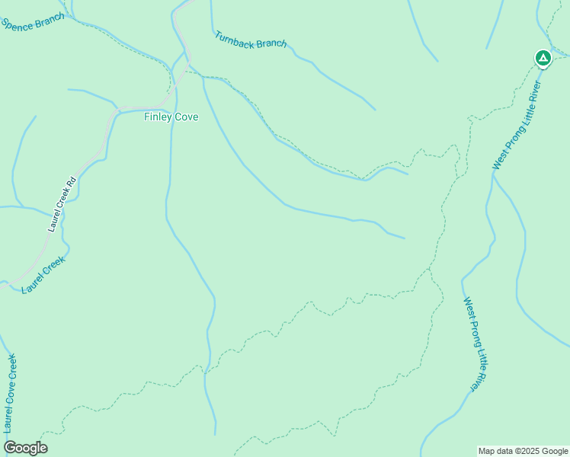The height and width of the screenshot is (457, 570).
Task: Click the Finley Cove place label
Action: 171,117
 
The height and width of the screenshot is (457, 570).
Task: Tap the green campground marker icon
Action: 542,58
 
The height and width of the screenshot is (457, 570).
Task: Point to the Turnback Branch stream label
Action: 251,40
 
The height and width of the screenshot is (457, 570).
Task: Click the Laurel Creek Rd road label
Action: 62,204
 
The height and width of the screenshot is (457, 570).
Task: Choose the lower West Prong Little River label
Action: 475,344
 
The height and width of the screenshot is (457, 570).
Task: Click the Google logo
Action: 25,448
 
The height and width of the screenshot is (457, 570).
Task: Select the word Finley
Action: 158,117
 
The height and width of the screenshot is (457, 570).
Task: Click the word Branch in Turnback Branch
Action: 271,43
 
